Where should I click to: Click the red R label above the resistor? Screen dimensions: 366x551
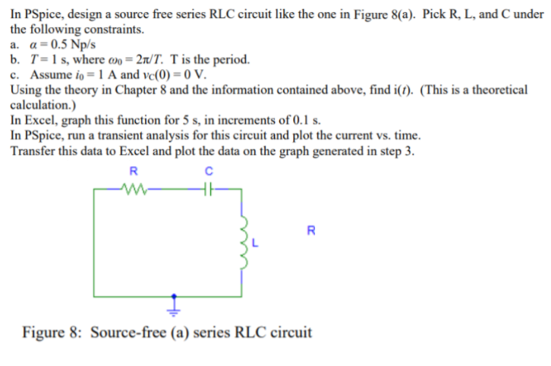(x=134, y=170)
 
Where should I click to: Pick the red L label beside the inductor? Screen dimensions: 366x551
(x=257, y=243)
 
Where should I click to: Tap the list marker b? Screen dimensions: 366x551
(x=16, y=59)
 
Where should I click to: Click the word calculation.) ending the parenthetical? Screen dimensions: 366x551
(x=43, y=105)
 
